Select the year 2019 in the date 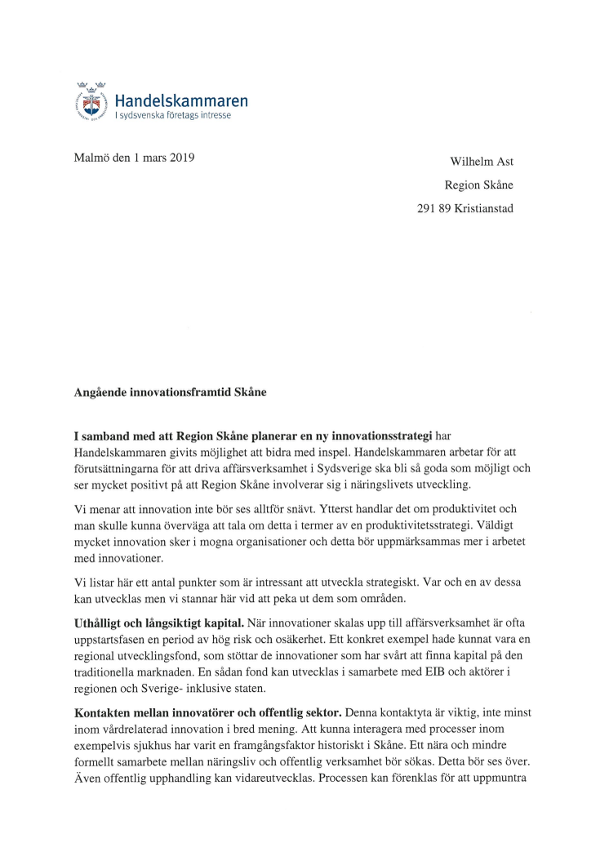(x=180, y=158)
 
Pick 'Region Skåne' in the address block (x=478, y=185)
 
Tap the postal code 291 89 (x=433, y=208)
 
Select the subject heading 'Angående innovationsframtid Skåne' (x=171, y=391)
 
